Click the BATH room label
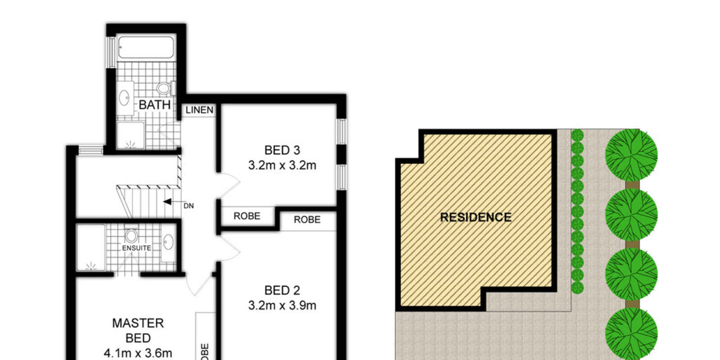tap(154, 105)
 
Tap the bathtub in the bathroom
tap(145, 47)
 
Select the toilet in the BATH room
tap(164, 88)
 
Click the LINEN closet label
tap(199, 110)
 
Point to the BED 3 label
tap(282, 150)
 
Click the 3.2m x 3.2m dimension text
tap(282, 165)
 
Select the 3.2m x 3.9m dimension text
tap(282, 306)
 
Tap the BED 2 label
tap(282, 290)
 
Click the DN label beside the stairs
tap(189, 206)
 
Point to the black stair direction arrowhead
tap(167, 202)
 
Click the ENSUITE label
tap(136, 248)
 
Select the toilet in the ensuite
tap(131, 236)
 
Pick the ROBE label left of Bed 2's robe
tap(247, 216)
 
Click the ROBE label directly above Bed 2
tap(307, 220)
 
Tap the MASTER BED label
tap(138, 330)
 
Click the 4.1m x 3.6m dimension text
tap(138, 353)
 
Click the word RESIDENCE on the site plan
tap(476, 217)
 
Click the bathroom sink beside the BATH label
tap(124, 97)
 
